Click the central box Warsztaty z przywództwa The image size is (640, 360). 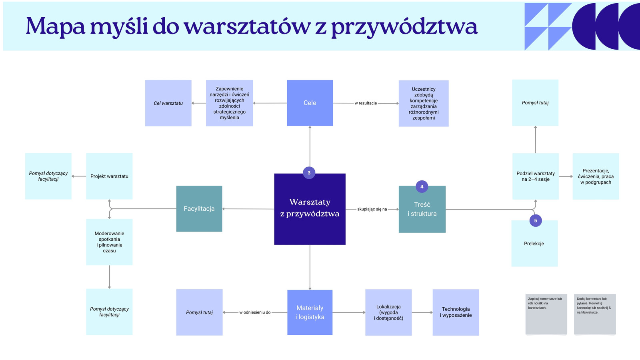pos(310,209)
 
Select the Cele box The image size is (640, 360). pos(310,103)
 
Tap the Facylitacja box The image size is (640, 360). pos(199,208)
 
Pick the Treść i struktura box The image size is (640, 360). pos(422,209)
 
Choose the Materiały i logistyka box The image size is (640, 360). pos(310,312)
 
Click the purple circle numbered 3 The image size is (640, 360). pos(309,172)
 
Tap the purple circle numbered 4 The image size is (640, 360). pos(422,186)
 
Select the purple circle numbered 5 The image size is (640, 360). pos(536,220)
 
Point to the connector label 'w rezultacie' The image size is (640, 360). pos(366,103)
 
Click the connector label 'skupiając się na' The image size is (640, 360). pos(372,209)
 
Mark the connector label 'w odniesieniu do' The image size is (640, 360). pos(255,312)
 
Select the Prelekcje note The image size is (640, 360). pos(534,244)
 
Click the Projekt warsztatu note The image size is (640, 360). pos(109,176)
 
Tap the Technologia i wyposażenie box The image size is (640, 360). pos(456,312)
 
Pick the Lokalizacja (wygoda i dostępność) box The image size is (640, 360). pos(388,312)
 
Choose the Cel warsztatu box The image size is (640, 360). pos(168,103)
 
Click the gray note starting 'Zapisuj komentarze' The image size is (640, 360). pos(546,314)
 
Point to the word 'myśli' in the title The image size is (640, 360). pos(119,26)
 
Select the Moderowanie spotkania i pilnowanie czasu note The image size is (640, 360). pos(109,242)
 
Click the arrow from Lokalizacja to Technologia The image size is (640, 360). pos(422,312)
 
